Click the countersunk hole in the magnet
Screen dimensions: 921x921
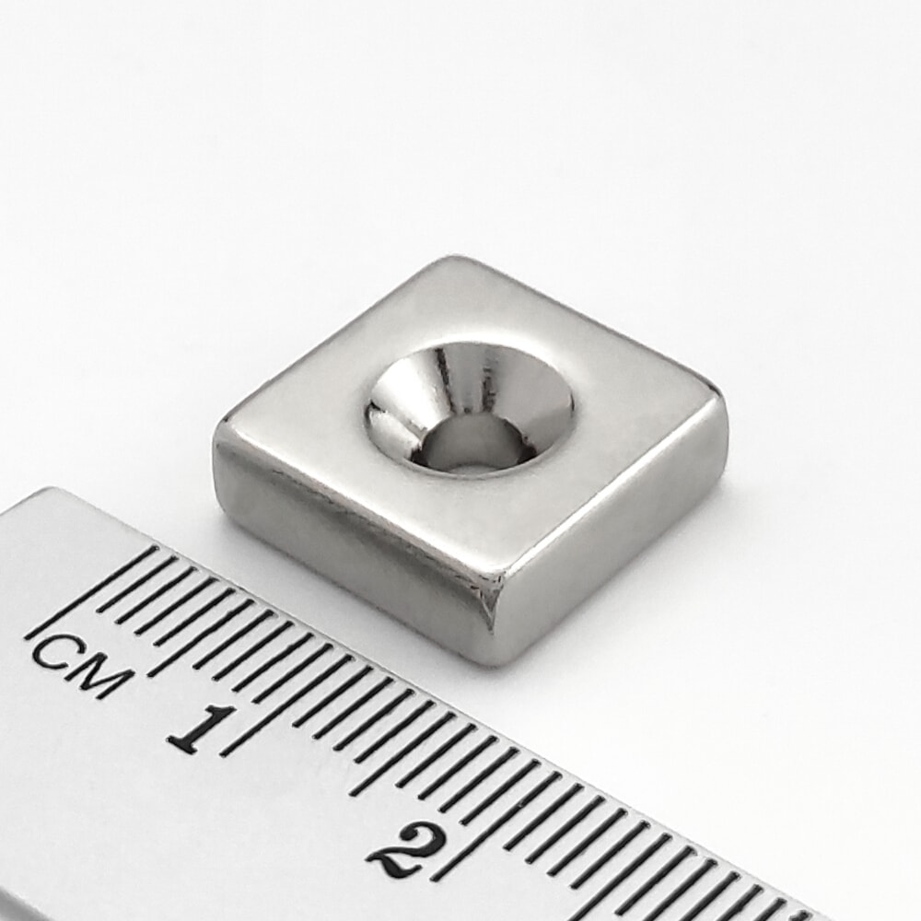(470, 408)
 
